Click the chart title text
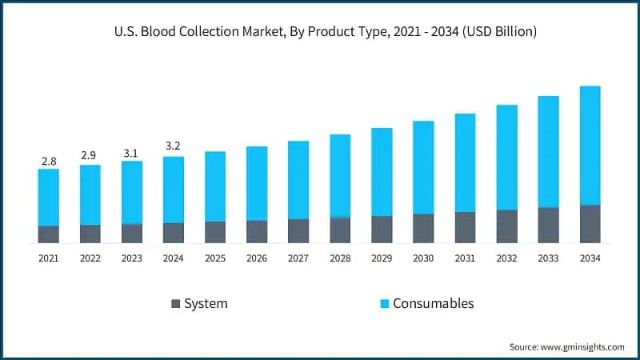coord(320,32)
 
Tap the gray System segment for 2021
coord(49,234)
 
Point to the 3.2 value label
coord(173,147)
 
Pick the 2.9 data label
coord(90,154)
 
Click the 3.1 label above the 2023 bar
coord(131,152)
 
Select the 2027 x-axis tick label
coord(298,258)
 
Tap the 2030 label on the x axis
coord(423,258)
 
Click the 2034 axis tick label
coord(590,258)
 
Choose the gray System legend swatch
coord(175,304)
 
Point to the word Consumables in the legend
coord(434,303)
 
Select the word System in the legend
coord(206,303)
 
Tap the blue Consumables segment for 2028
coord(340,175)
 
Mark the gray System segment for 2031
coord(465,227)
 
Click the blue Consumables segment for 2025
coord(215,186)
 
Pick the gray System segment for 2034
coord(590,223)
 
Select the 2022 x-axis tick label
coord(90,258)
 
